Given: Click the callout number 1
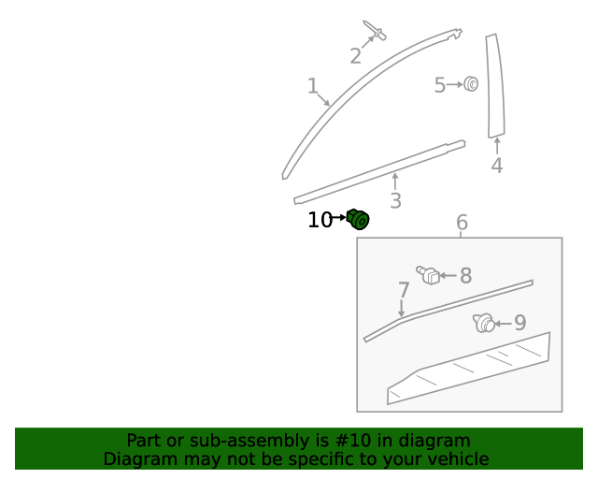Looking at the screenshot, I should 313,87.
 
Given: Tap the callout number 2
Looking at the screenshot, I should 355,56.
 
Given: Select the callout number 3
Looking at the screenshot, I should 395,201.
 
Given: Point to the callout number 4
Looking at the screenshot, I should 496,166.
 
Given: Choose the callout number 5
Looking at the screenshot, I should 439,86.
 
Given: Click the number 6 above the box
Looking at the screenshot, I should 462,223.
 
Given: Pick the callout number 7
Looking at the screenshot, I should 404,290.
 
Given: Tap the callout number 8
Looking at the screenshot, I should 465,276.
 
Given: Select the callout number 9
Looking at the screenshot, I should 520,324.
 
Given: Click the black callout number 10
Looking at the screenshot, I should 320,220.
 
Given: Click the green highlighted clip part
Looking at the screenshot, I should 359,220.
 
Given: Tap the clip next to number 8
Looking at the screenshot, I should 428,275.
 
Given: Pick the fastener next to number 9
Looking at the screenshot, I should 484,324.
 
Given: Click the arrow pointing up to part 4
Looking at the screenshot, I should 496,146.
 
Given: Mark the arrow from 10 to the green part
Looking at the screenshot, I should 339,218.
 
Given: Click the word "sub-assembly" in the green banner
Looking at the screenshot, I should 221,441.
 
